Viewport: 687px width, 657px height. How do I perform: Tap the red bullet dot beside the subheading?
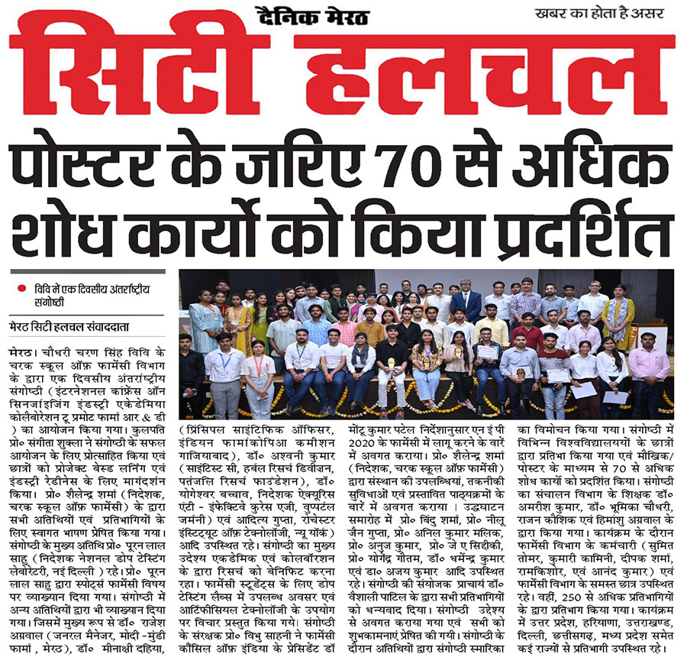[x=24, y=288]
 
